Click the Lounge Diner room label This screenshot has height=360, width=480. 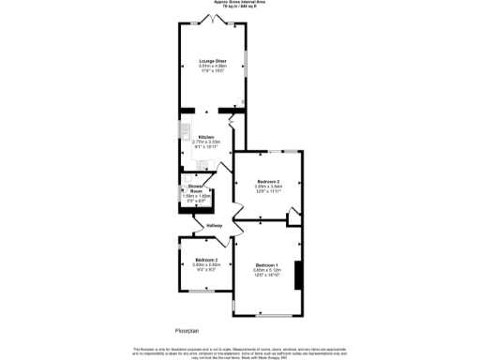pos(213,61)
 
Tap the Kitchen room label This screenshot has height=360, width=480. pos(206,137)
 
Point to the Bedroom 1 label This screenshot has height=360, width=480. pos(267,265)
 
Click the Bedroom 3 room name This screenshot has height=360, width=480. pos(206,260)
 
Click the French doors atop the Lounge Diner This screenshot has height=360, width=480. pos(213,20)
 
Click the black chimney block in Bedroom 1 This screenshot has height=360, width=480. pos(298,276)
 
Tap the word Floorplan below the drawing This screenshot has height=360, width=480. pos(187,331)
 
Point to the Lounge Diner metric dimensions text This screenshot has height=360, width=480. pos(213,66)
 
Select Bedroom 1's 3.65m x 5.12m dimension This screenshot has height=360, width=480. pos(267,270)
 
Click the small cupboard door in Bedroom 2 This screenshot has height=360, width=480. pos(292,217)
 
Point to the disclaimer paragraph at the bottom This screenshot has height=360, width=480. pos(239,351)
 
